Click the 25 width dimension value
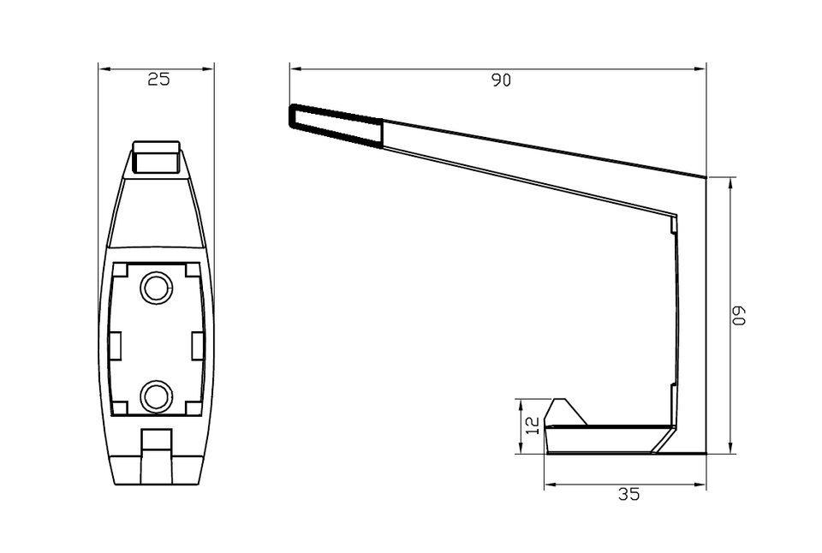tap(159, 79)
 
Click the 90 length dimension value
tap(501, 80)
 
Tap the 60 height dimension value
tap(738, 316)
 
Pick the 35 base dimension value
tap(628, 494)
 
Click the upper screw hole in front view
tap(156, 288)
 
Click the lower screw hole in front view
tap(156, 396)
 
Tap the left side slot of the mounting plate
tap(115, 346)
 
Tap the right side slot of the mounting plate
tap(198, 346)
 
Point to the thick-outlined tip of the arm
tap(336, 126)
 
